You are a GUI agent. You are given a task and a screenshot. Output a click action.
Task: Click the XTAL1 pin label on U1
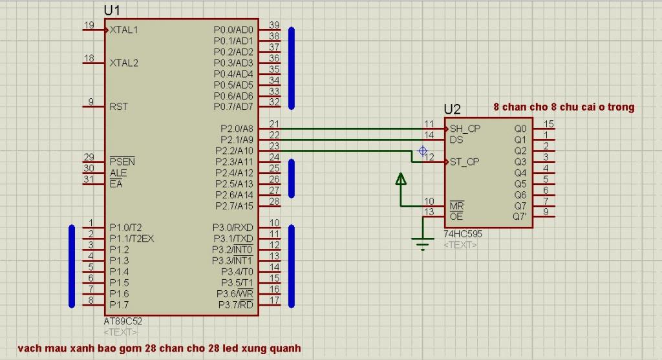[x=123, y=30]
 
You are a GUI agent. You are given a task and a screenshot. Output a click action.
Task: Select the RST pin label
[x=119, y=106]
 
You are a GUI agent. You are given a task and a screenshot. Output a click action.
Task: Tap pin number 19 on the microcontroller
[x=89, y=25]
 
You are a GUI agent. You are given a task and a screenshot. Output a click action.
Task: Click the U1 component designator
[x=112, y=10]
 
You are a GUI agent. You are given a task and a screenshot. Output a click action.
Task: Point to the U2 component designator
[x=452, y=110]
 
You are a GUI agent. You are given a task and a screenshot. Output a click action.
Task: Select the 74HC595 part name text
[x=462, y=234]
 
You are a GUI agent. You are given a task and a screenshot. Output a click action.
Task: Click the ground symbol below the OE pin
[x=423, y=244]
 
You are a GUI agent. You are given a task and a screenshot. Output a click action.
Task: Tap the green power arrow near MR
[x=401, y=179]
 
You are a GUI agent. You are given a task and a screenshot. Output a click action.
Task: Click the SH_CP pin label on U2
[x=465, y=129]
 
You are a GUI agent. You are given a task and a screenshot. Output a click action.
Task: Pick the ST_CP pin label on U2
[x=465, y=162]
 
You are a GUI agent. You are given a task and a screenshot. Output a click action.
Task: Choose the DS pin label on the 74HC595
[x=456, y=140]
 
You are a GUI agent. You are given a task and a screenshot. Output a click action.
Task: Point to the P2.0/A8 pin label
[x=237, y=129]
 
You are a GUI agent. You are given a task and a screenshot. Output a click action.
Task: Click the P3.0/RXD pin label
[x=233, y=228]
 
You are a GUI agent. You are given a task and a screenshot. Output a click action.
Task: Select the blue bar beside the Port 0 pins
[x=292, y=67]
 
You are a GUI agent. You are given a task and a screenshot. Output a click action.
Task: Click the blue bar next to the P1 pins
[x=71, y=266]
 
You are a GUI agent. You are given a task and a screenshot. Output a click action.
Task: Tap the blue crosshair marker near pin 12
[x=423, y=151]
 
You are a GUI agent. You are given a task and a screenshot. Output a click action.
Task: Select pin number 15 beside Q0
[x=550, y=124]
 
